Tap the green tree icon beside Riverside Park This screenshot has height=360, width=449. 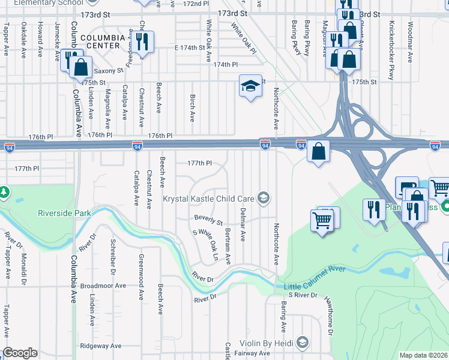(4, 192)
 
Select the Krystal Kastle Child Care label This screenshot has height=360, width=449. (209, 198)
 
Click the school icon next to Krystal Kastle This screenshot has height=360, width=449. (263, 197)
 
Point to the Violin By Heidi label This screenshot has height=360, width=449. (265, 343)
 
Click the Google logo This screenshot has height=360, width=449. (20, 353)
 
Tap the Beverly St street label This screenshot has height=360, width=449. (208, 218)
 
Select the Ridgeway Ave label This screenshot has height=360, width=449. (101, 346)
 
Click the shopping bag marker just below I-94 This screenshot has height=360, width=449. (319, 152)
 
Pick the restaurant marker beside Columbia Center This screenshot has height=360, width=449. (142, 41)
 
